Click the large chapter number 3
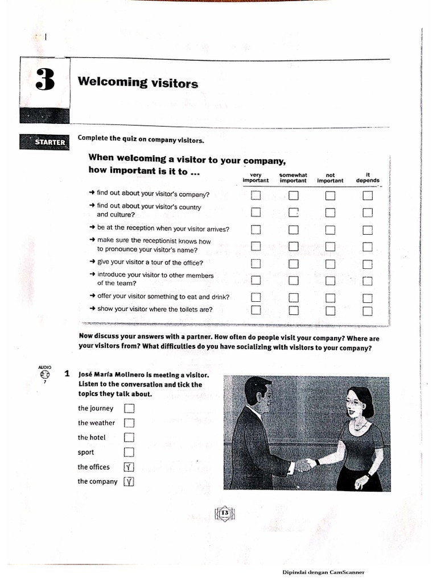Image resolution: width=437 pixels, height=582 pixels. [x=45, y=81]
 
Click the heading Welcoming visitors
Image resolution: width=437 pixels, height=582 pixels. [x=138, y=83]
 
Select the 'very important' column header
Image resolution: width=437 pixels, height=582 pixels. [x=255, y=178]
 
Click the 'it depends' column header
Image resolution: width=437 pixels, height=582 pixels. [x=368, y=178]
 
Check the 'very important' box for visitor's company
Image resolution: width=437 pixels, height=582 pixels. [x=256, y=196]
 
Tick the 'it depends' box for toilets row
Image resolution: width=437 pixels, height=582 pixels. [x=368, y=310]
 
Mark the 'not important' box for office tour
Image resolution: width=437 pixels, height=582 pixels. [x=331, y=264]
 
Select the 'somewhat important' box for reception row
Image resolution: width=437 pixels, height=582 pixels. [x=293, y=230]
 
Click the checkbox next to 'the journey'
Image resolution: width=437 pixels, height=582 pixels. [x=129, y=408]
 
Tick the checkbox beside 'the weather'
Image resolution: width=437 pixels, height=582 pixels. [x=129, y=423]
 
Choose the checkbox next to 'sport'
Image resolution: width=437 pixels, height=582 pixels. [x=129, y=452]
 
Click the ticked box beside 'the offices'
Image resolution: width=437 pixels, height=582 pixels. [x=129, y=467]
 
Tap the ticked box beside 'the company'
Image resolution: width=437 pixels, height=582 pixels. [x=129, y=482]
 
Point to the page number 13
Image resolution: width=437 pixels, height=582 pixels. [x=224, y=514]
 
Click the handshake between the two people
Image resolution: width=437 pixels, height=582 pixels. [x=304, y=465]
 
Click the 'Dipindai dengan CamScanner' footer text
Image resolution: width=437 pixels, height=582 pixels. [x=323, y=573]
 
